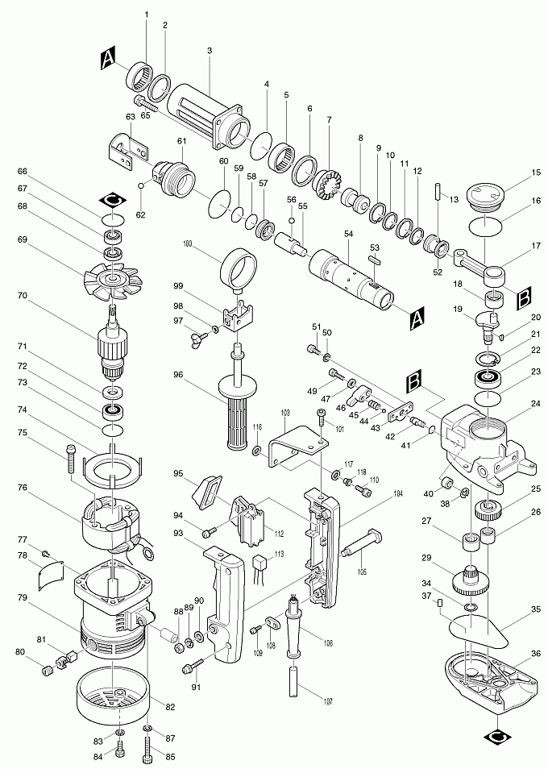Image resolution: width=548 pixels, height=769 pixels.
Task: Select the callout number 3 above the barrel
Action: [x=209, y=51]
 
